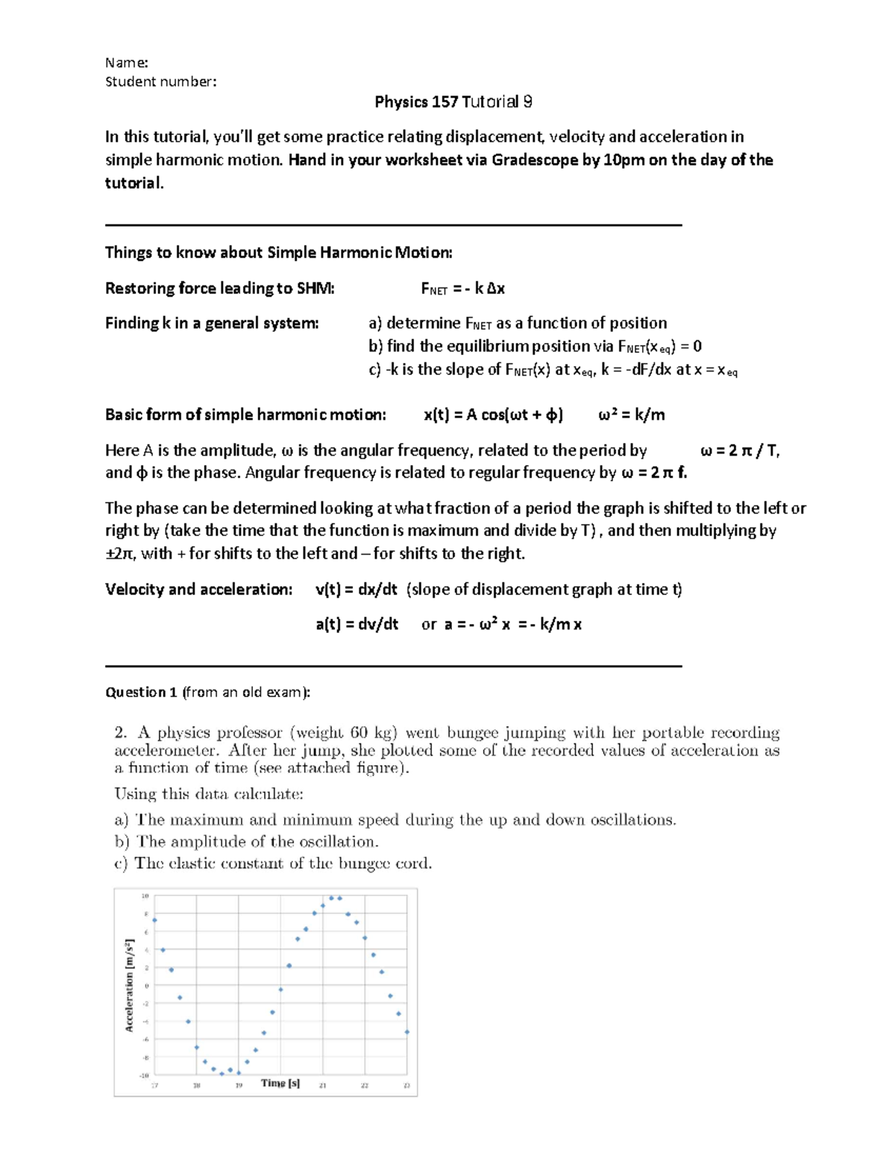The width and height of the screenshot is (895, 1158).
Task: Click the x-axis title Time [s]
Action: pyautogui.click(x=280, y=1083)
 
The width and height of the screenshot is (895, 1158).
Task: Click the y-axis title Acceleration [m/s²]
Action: pyautogui.click(x=129, y=985)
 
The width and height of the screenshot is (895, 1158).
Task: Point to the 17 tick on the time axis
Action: pyautogui.click(x=155, y=1086)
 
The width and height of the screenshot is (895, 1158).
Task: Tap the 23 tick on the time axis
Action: pyautogui.click(x=406, y=1086)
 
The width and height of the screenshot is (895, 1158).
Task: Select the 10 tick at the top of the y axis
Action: pyautogui.click(x=145, y=896)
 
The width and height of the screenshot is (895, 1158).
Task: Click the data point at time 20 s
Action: pyautogui.click(x=280, y=989)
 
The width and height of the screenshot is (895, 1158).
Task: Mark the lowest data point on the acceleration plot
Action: pyautogui.click(x=222, y=1074)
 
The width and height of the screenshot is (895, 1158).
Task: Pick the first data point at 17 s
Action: pyautogui.click(x=154, y=920)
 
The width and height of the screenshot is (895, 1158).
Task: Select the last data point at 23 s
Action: pyautogui.click(x=406, y=1032)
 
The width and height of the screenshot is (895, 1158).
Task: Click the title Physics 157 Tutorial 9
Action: pyautogui.click(x=453, y=102)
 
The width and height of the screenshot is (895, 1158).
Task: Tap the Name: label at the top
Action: pyautogui.click(x=126, y=63)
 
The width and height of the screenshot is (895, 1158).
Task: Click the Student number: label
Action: pyautogui.click(x=160, y=81)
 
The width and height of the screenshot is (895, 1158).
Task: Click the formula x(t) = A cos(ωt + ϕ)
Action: pyautogui.click(x=493, y=415)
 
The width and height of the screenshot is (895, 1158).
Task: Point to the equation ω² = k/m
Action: pyautogui.click(x=631, y=415)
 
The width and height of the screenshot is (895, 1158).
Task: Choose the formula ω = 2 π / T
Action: pyautogui.click(x=740, y=450)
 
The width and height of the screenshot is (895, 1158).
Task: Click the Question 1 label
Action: pyautogui.click(x=141, y=692)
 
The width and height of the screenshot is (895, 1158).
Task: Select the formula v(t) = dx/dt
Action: pyautogui.click(x=357, y=589)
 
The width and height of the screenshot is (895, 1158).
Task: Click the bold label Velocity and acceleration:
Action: pyautogui.click(x=198, y=589)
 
